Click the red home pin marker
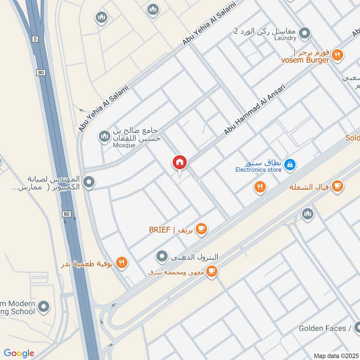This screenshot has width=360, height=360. click(180, 163)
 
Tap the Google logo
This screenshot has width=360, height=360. click(19, 353)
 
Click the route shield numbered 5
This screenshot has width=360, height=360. click(35, 39)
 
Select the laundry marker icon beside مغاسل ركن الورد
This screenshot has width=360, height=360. click(305, 33)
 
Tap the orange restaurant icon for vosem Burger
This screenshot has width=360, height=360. click(337, 55)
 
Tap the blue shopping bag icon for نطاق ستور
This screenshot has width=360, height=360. click(290, 165)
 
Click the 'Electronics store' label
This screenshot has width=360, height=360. click(258, 170)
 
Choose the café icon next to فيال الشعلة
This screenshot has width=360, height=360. click(337, 186)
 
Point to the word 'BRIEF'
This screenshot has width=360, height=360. click(160, 230)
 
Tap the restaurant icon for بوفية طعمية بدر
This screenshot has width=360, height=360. click(121, 263)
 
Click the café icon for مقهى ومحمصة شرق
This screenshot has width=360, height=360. click(212, 271)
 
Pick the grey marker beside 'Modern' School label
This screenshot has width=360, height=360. click(43, 307)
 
